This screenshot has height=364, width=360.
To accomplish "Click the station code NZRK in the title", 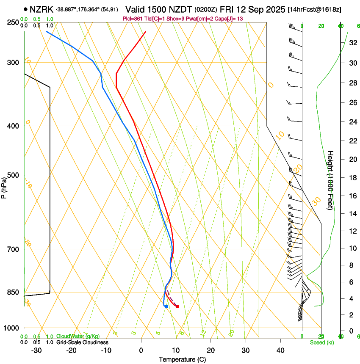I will pos(41,9).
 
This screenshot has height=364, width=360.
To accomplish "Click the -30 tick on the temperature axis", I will pos(36,350).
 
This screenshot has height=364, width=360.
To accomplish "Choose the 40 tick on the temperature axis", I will pos(280,350).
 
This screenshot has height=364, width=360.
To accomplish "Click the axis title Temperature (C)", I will pos(182,359).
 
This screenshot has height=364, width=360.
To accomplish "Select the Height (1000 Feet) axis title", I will pos(330,180).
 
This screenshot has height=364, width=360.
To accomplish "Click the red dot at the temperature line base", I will pos(177,306).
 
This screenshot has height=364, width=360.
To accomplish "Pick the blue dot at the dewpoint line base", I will pos(166,306).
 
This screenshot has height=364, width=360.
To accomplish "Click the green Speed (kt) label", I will pos(321,342).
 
